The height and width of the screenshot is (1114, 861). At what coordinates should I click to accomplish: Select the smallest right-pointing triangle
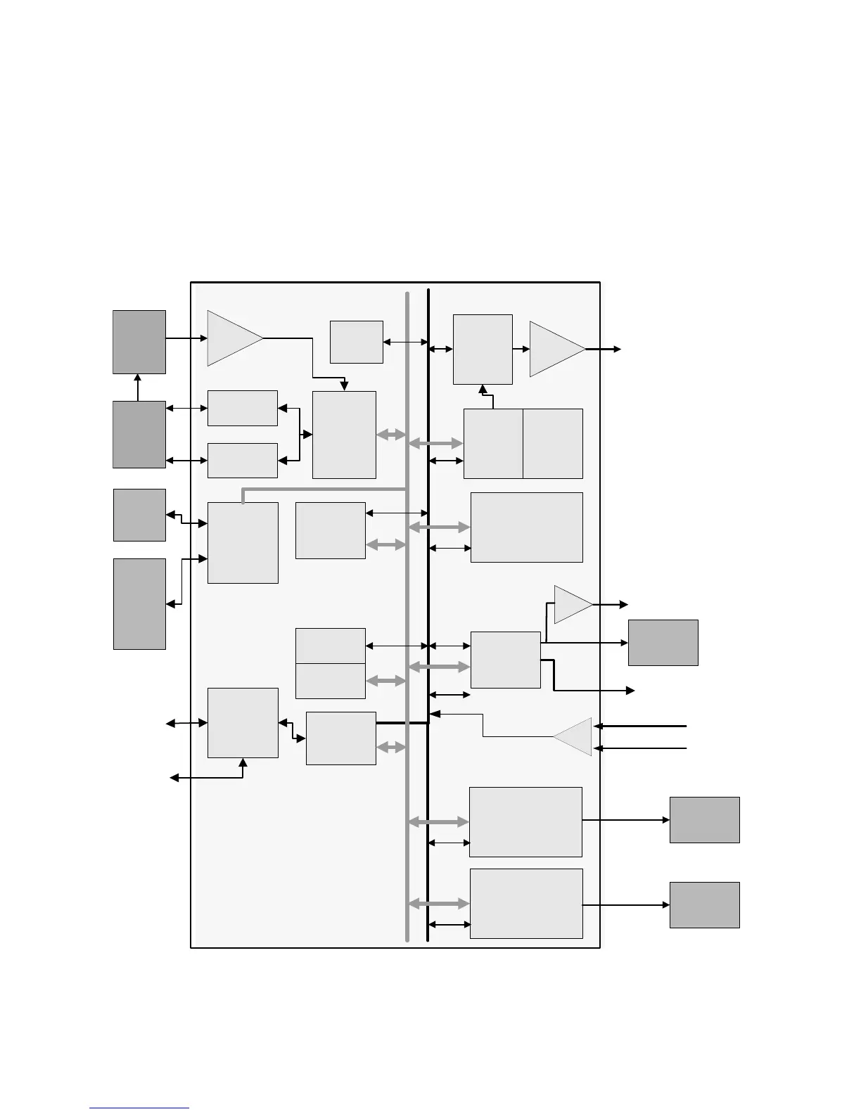(571, 604)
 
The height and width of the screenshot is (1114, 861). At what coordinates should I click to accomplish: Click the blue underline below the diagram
(139, 1108)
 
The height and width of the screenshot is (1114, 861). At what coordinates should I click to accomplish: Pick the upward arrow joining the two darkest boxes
(138, 388)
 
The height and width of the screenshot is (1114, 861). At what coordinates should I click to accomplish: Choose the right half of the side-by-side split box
(553, 443)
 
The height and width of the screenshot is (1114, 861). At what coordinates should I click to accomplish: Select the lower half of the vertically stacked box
(330, 681)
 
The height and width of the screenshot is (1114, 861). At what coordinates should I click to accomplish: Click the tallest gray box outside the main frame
(139, 603)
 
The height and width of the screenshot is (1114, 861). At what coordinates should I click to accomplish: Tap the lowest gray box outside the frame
(704, 904)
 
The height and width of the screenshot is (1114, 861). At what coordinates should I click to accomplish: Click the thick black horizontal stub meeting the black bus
(402, 722)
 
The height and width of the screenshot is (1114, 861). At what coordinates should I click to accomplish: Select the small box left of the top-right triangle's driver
(356, 342)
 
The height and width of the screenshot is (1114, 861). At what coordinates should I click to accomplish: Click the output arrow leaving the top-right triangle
(605, 349)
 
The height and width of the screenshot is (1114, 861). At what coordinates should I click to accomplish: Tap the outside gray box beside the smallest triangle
(663, 642)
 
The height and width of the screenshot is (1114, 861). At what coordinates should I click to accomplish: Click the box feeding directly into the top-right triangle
(483, 349)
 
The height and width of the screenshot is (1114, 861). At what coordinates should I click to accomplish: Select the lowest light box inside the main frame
(525, 903)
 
